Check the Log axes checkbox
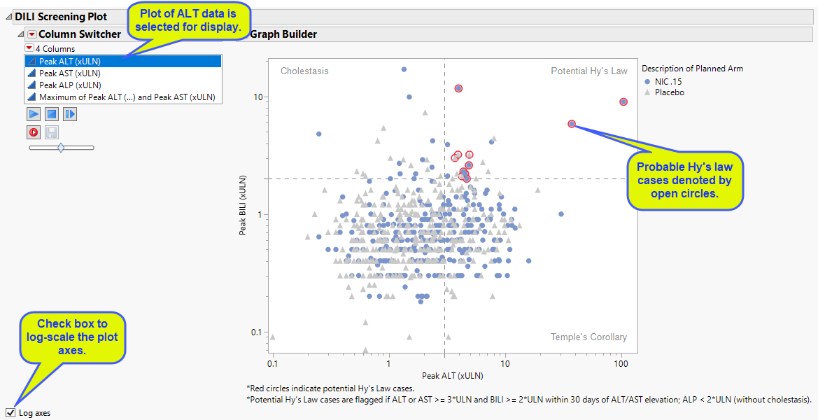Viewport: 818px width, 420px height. (10, 412)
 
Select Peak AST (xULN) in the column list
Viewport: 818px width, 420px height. (69, 73)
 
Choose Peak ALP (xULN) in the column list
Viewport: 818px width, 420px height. (69, 85)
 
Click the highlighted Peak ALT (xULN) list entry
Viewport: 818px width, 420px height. (69, 61)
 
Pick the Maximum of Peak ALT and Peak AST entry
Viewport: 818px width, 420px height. (127, 97)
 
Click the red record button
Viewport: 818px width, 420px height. (33, 132)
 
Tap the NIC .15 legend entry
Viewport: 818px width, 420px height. (668, 81)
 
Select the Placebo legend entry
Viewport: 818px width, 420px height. (669, 92)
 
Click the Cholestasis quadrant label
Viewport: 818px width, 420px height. (304, 71)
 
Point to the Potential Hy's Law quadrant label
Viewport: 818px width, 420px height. (589, 71)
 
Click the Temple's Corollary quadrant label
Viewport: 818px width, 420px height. (588, 337)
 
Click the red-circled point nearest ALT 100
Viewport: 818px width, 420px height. (623, 101)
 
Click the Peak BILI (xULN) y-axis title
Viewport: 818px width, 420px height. (243, 205)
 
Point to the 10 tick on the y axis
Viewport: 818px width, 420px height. (258, 97)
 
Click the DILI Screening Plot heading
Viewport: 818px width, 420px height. (61, 16)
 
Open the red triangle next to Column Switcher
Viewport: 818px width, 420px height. (31, 34)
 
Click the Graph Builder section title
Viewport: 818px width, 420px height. (283, 34)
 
